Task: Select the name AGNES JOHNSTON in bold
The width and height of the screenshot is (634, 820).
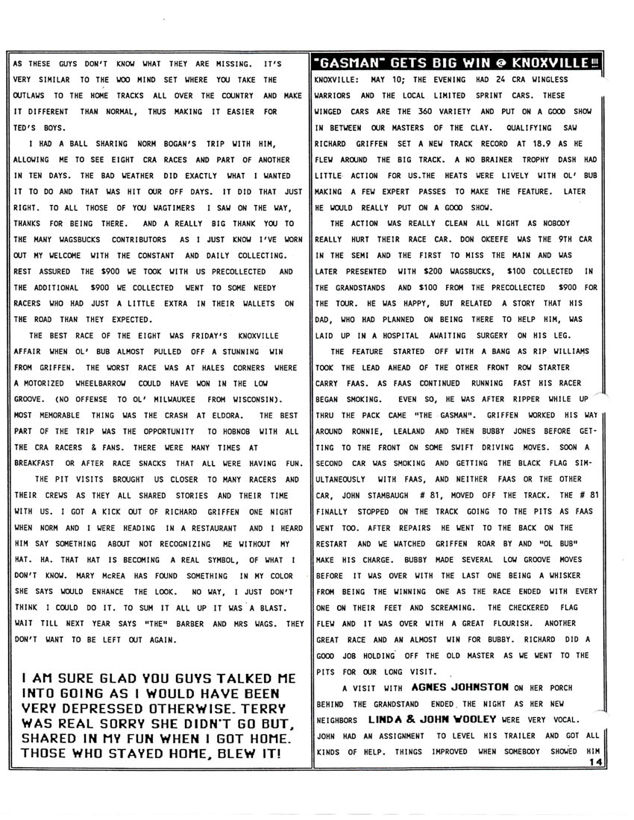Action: [460, 687]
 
